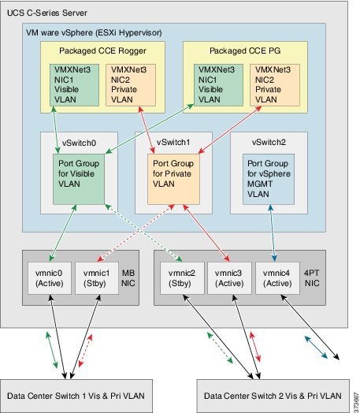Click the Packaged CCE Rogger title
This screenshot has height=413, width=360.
[x=92, y=50]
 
